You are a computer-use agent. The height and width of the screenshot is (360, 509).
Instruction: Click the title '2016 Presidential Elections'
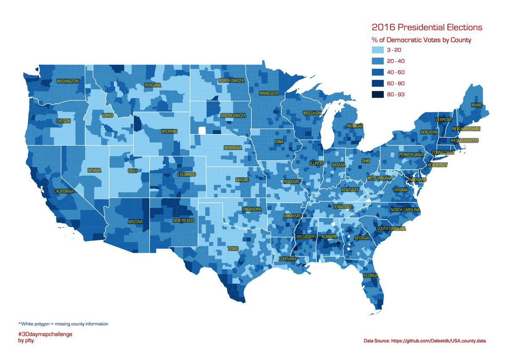[x=427, y=28]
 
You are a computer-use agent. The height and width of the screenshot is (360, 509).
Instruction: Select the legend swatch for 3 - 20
[x=377, y=50]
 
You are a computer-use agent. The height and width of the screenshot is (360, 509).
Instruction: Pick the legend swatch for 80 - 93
[x=377, y=95]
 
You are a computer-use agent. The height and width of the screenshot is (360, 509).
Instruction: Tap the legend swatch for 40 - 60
[x=377, y=72]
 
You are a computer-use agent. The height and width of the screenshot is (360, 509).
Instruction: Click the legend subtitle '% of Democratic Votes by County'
[x=422, y=40]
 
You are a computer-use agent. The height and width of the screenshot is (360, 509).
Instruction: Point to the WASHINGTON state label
[x=68, y=81]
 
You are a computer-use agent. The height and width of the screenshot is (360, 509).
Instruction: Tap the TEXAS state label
[x=233, y=249]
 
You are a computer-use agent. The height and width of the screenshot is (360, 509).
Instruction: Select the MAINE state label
[x=476, y=105]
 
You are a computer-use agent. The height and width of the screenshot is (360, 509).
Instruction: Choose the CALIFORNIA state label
[x=64, y=191]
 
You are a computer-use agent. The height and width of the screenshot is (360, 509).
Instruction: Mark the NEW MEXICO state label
[x=184, y=220]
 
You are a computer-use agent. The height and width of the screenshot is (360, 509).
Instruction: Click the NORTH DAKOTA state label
[x=231, y=81]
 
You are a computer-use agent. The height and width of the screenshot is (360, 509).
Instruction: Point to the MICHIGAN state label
[x=355, y=126]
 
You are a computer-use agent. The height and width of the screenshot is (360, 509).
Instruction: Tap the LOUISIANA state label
[x=288, y=259]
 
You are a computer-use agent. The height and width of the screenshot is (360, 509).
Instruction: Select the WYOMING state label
[x=169, y=131]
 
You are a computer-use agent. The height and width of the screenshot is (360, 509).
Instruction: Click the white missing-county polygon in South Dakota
[x=202, y=130]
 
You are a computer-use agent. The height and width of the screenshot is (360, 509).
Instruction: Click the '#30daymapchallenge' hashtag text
[x=45, y=334]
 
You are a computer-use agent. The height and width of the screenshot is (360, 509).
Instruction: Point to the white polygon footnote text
[x=64, y=324]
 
